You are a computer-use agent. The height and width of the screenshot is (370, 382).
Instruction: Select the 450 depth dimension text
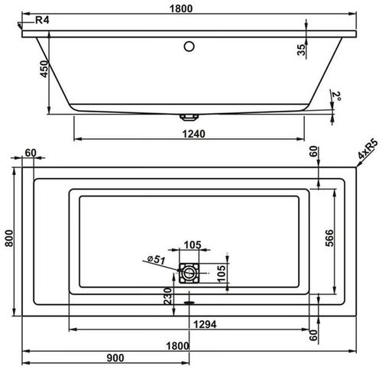click(x=45, y=70)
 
